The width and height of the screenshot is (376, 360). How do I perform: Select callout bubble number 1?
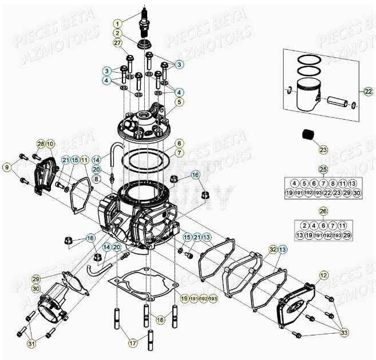[x=117, y=24]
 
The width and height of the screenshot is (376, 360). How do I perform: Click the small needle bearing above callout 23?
[x=310, y=137]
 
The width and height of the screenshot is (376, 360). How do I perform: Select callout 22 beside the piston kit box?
[x=368, y=91]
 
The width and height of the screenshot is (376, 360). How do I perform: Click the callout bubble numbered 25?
[x=323, y=170]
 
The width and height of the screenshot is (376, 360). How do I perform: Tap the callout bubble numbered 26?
[x=323, y=212]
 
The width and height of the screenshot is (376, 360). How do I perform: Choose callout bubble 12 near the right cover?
[x=324, y=275]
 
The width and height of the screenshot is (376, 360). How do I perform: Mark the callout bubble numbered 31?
[x=31, y=343]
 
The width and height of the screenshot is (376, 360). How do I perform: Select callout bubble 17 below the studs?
[x=132, y=343]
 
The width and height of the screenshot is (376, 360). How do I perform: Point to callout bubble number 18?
[x=160, y=319]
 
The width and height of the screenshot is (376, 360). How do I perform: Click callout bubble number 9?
[x=6, y=167]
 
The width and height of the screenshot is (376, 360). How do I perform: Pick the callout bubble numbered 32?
[x=273, y=249]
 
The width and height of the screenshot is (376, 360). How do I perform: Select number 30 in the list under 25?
[x=358, y=193]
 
